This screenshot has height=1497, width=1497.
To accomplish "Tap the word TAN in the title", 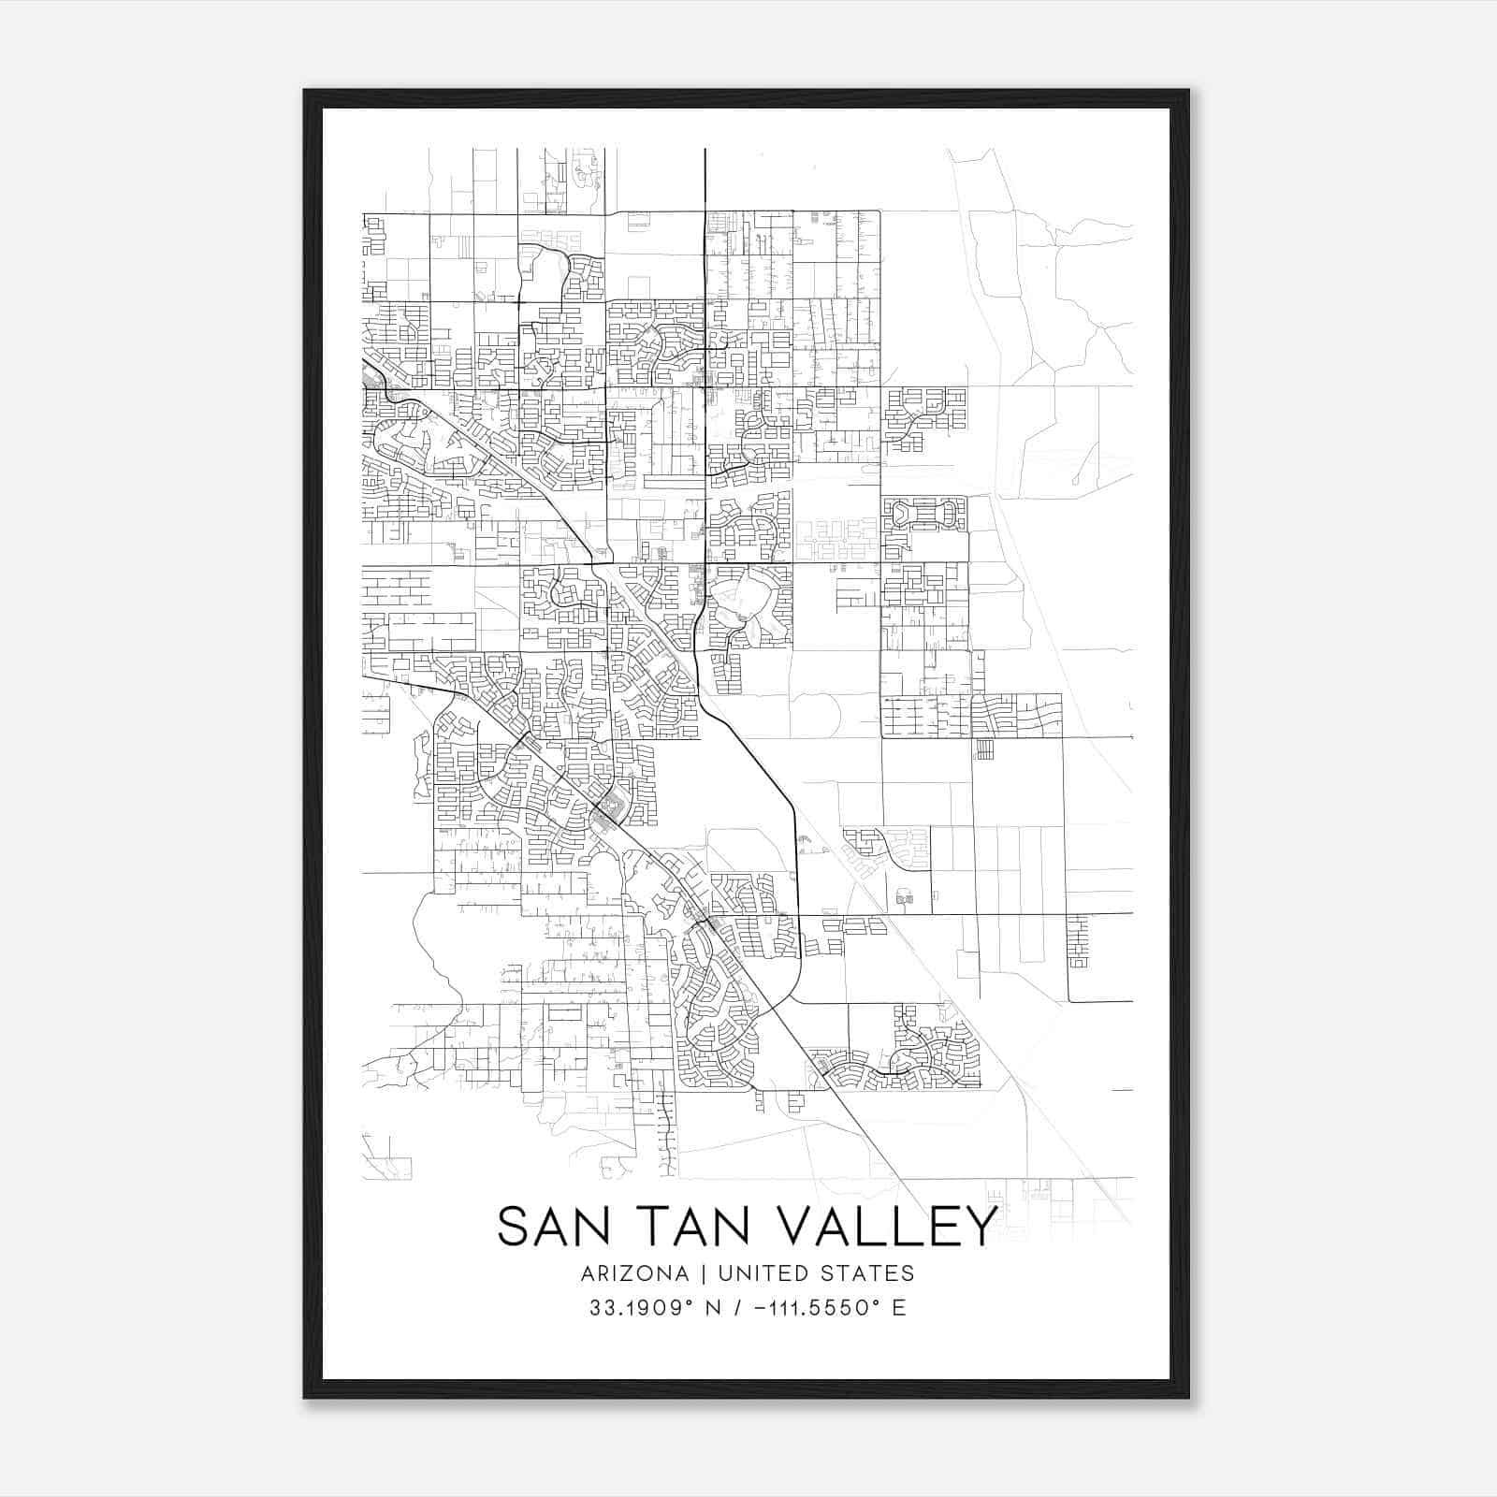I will point(688,1226).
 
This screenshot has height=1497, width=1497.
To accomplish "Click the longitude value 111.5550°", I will point(825,1308).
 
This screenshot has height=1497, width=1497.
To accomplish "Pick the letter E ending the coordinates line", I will point(899,1308).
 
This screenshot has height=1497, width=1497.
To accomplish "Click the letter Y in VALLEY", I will point(978,1226).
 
